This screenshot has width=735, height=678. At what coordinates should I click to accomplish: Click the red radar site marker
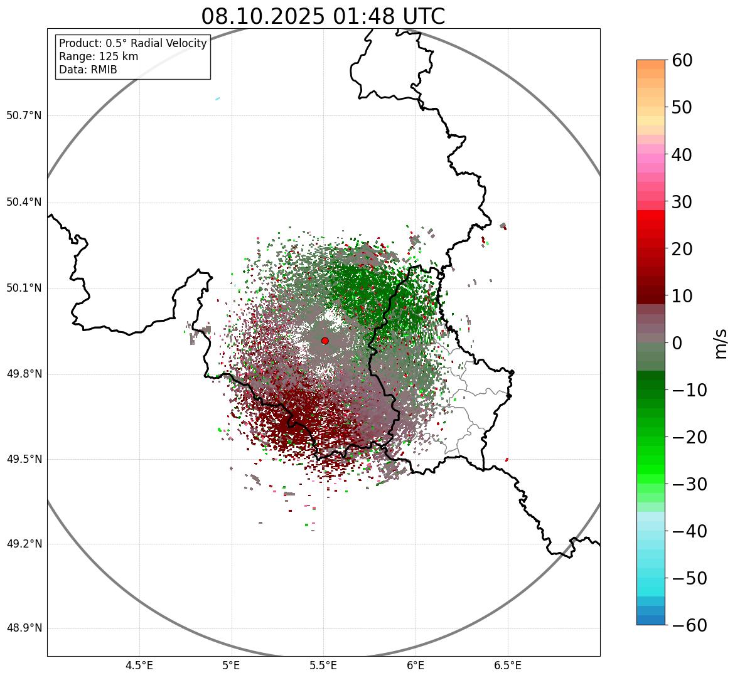325,341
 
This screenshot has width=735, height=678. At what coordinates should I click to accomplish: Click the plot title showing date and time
323,16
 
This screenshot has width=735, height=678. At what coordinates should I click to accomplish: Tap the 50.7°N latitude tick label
24,116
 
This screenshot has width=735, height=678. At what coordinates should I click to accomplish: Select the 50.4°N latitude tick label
24,202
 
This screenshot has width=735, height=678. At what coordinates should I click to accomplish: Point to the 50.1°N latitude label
24,289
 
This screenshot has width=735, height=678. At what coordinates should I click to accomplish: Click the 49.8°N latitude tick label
24,374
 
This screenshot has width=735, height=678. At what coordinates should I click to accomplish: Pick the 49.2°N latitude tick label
24,544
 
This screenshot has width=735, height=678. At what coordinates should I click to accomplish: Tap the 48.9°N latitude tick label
24,628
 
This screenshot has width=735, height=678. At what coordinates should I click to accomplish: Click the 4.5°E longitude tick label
139,665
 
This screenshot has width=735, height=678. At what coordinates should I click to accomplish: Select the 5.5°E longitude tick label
323,665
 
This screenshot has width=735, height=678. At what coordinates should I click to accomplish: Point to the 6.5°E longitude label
507,665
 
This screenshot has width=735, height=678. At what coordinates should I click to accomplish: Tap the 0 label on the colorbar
677,343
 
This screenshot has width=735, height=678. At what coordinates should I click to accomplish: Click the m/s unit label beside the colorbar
722,343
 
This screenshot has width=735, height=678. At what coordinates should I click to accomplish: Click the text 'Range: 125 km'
99,56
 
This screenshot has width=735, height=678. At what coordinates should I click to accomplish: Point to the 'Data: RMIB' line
88,70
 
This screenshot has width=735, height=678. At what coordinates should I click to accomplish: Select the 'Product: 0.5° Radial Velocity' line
132,43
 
